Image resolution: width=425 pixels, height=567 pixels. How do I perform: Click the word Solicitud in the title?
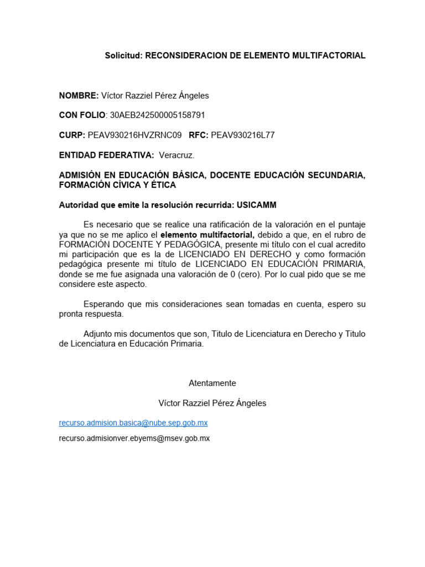123,56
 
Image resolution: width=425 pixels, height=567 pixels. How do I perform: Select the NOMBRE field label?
79,95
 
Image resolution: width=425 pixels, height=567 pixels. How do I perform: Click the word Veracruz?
177,155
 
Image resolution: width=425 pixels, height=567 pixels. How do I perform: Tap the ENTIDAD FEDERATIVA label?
106,155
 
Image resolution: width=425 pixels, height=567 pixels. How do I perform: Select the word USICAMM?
256,205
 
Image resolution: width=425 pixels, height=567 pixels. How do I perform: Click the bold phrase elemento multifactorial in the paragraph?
208,235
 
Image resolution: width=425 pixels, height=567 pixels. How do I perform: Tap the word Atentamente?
212,383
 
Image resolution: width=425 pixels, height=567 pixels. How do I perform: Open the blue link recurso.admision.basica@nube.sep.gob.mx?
133,423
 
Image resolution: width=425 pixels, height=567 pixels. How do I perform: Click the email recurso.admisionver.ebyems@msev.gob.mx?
134,439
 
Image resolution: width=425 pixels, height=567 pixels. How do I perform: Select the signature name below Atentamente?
212,403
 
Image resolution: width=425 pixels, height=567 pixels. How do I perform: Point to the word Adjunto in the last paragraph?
98,334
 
